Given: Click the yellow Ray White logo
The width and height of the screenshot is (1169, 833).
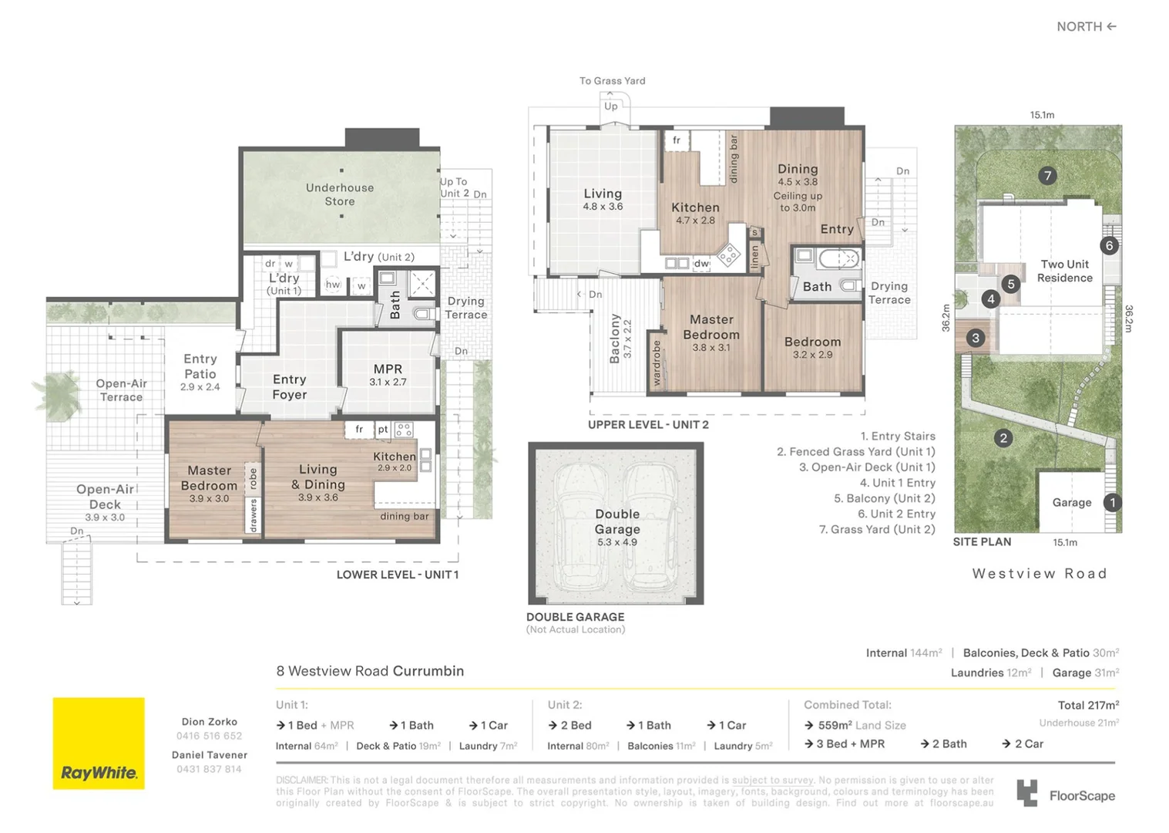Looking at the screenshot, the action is [x=99, y=743].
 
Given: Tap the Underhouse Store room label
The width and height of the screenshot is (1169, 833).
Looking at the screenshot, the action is [x=340, y=194].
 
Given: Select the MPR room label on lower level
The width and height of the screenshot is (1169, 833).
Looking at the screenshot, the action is [x=388, y=369].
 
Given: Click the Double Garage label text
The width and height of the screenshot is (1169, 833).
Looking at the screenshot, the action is [x=617, y=521].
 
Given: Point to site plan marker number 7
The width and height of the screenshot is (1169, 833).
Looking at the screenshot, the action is [x=1046, y=176].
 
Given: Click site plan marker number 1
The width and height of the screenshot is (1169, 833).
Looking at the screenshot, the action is [x=1112, y=502].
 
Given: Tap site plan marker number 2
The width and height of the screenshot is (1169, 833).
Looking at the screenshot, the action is [x=1003, y=438].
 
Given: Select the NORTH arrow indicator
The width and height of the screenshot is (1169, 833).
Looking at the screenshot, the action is [x=1086, y=26].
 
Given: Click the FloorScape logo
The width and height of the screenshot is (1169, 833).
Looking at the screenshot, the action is [x=1066, y=794].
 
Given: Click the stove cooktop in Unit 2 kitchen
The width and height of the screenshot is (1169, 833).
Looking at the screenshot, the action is [x=728, y=254].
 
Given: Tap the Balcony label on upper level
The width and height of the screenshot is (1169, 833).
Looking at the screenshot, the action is [x=615, y=338].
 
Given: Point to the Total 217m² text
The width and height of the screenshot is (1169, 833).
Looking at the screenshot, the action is [x=1088, y=705].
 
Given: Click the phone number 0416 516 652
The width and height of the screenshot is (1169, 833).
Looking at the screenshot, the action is [x=209, y=736].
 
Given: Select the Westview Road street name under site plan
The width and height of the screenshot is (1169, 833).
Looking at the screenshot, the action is [x=1039, y=573].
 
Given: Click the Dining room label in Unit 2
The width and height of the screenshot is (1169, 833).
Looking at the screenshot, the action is [x=798, y=169].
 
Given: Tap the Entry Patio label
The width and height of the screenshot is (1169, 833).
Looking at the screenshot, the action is [x=200, y=366].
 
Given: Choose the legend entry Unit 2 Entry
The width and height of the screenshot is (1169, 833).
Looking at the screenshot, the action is [x=896, y=514].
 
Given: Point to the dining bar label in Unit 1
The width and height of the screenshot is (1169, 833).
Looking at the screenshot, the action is [x=404, y=516].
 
